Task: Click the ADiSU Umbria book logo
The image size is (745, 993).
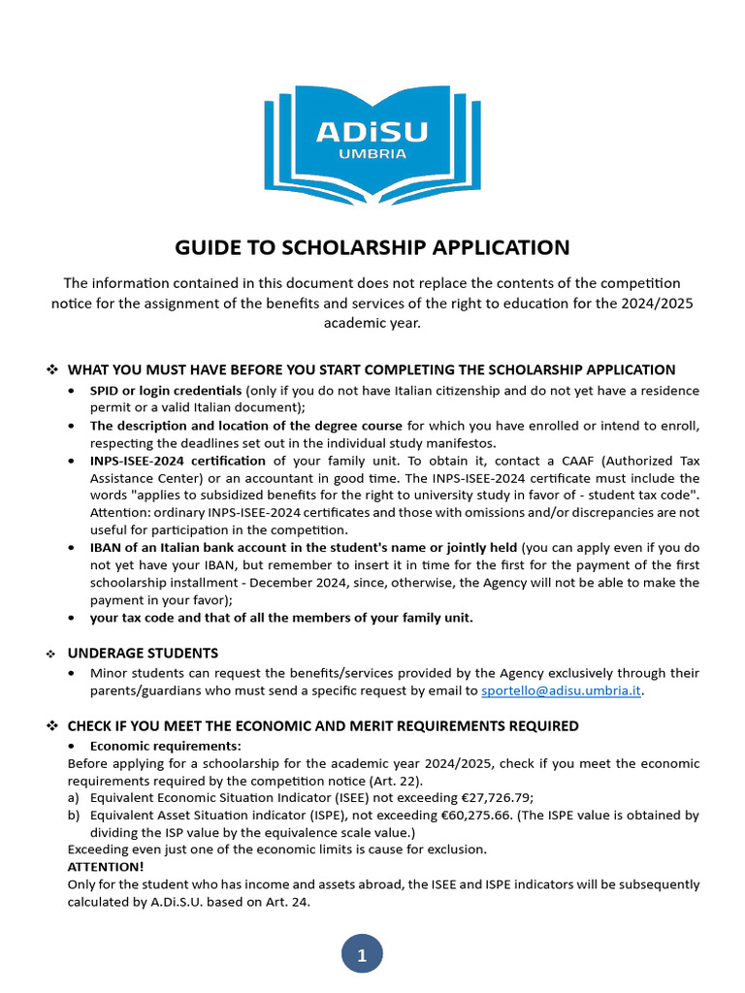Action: [372, 139]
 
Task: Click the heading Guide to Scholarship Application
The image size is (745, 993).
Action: [372, 247]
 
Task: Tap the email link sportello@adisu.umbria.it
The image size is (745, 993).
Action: [562, 691]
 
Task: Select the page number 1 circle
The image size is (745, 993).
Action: [362, 955]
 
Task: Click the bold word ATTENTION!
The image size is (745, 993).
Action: [106, 867]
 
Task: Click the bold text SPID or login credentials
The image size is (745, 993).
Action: [167, 390]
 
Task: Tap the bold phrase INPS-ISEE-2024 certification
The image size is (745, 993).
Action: [178, 460]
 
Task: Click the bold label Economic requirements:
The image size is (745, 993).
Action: [166, 746]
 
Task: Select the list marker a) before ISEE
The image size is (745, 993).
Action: [74, 797]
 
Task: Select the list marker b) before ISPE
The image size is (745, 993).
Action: [74, 815]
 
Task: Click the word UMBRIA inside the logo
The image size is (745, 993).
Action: [372, 153]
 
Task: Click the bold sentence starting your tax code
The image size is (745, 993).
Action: [281, 618]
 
